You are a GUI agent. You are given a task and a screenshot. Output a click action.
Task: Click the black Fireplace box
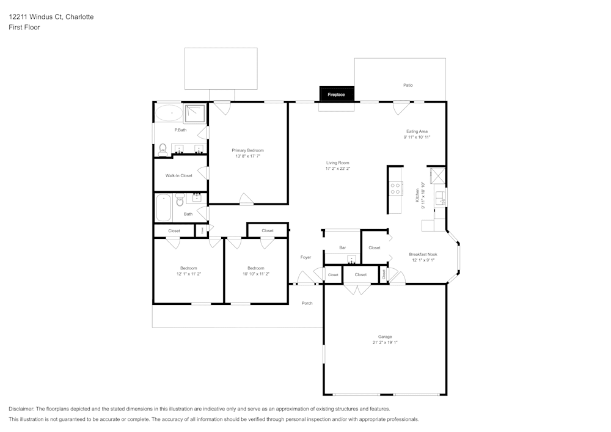[337, 94]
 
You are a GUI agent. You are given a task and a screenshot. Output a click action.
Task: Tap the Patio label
[408, 85]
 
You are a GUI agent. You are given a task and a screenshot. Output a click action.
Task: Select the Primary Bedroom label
[247, 150]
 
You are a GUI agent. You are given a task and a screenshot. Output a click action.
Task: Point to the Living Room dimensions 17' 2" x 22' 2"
[337, 169]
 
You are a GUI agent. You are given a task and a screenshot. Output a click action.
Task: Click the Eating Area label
[417, 131]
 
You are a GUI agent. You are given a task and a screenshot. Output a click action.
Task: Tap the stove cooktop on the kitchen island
[395, 189]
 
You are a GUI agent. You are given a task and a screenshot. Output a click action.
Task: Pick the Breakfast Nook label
[423, 254]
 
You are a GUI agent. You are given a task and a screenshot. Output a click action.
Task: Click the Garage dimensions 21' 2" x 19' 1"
[384, 343]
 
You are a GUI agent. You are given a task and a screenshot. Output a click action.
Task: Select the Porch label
[307, 303]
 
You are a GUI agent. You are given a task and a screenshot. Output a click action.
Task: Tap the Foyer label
[305, 257]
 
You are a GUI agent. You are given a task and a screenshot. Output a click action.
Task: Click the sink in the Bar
[351, 260]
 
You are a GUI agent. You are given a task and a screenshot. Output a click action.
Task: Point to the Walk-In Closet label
[178, 175]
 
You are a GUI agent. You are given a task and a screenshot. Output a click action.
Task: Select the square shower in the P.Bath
[196, 112]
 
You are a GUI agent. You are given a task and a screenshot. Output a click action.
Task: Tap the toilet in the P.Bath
[163, 148]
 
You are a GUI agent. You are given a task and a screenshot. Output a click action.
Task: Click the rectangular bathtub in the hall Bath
[164, 208]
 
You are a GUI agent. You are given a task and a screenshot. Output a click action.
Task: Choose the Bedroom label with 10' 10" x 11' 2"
[255, 268]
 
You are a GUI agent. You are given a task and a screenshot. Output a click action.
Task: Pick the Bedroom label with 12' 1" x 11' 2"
[188, 268]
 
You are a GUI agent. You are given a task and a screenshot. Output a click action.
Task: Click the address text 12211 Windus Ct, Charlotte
[51, 17]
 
